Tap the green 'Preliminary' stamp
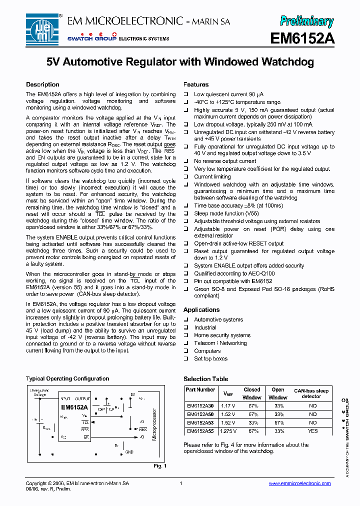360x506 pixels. [306, 20]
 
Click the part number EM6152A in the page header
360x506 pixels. [302, 38]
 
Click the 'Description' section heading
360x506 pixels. [42, 84]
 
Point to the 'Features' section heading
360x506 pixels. [196, 84]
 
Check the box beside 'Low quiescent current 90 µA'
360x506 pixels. [186, 94]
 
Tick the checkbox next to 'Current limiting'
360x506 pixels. [186, 177]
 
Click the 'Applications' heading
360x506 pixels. [201, 310]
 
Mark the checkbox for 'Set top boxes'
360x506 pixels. [186, 359]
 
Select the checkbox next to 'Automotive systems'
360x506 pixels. [186, 320]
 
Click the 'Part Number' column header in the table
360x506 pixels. [200, 389]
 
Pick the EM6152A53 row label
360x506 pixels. [200, 422]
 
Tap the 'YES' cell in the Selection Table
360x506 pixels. [312, 430]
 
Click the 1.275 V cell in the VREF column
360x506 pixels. [228, 430]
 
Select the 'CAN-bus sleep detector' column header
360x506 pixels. [311, 393]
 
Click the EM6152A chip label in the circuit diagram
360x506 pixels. [74, 406]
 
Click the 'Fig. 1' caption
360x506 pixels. [159, 466]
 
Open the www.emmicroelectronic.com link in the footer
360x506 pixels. [299, 483]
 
